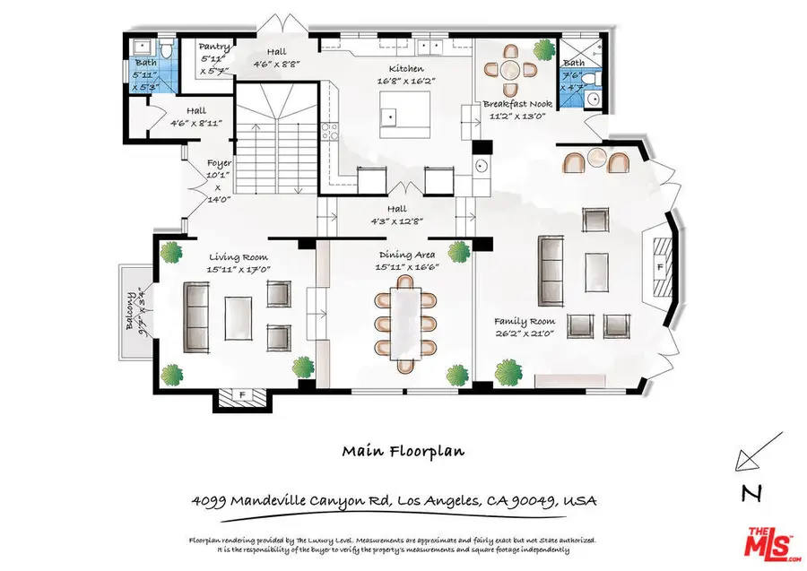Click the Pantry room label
[214, 47]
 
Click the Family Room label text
[525, 321]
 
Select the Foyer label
[220, 163]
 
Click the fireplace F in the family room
[659, 267]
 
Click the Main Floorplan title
[403, 452]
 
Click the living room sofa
[195, 317]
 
